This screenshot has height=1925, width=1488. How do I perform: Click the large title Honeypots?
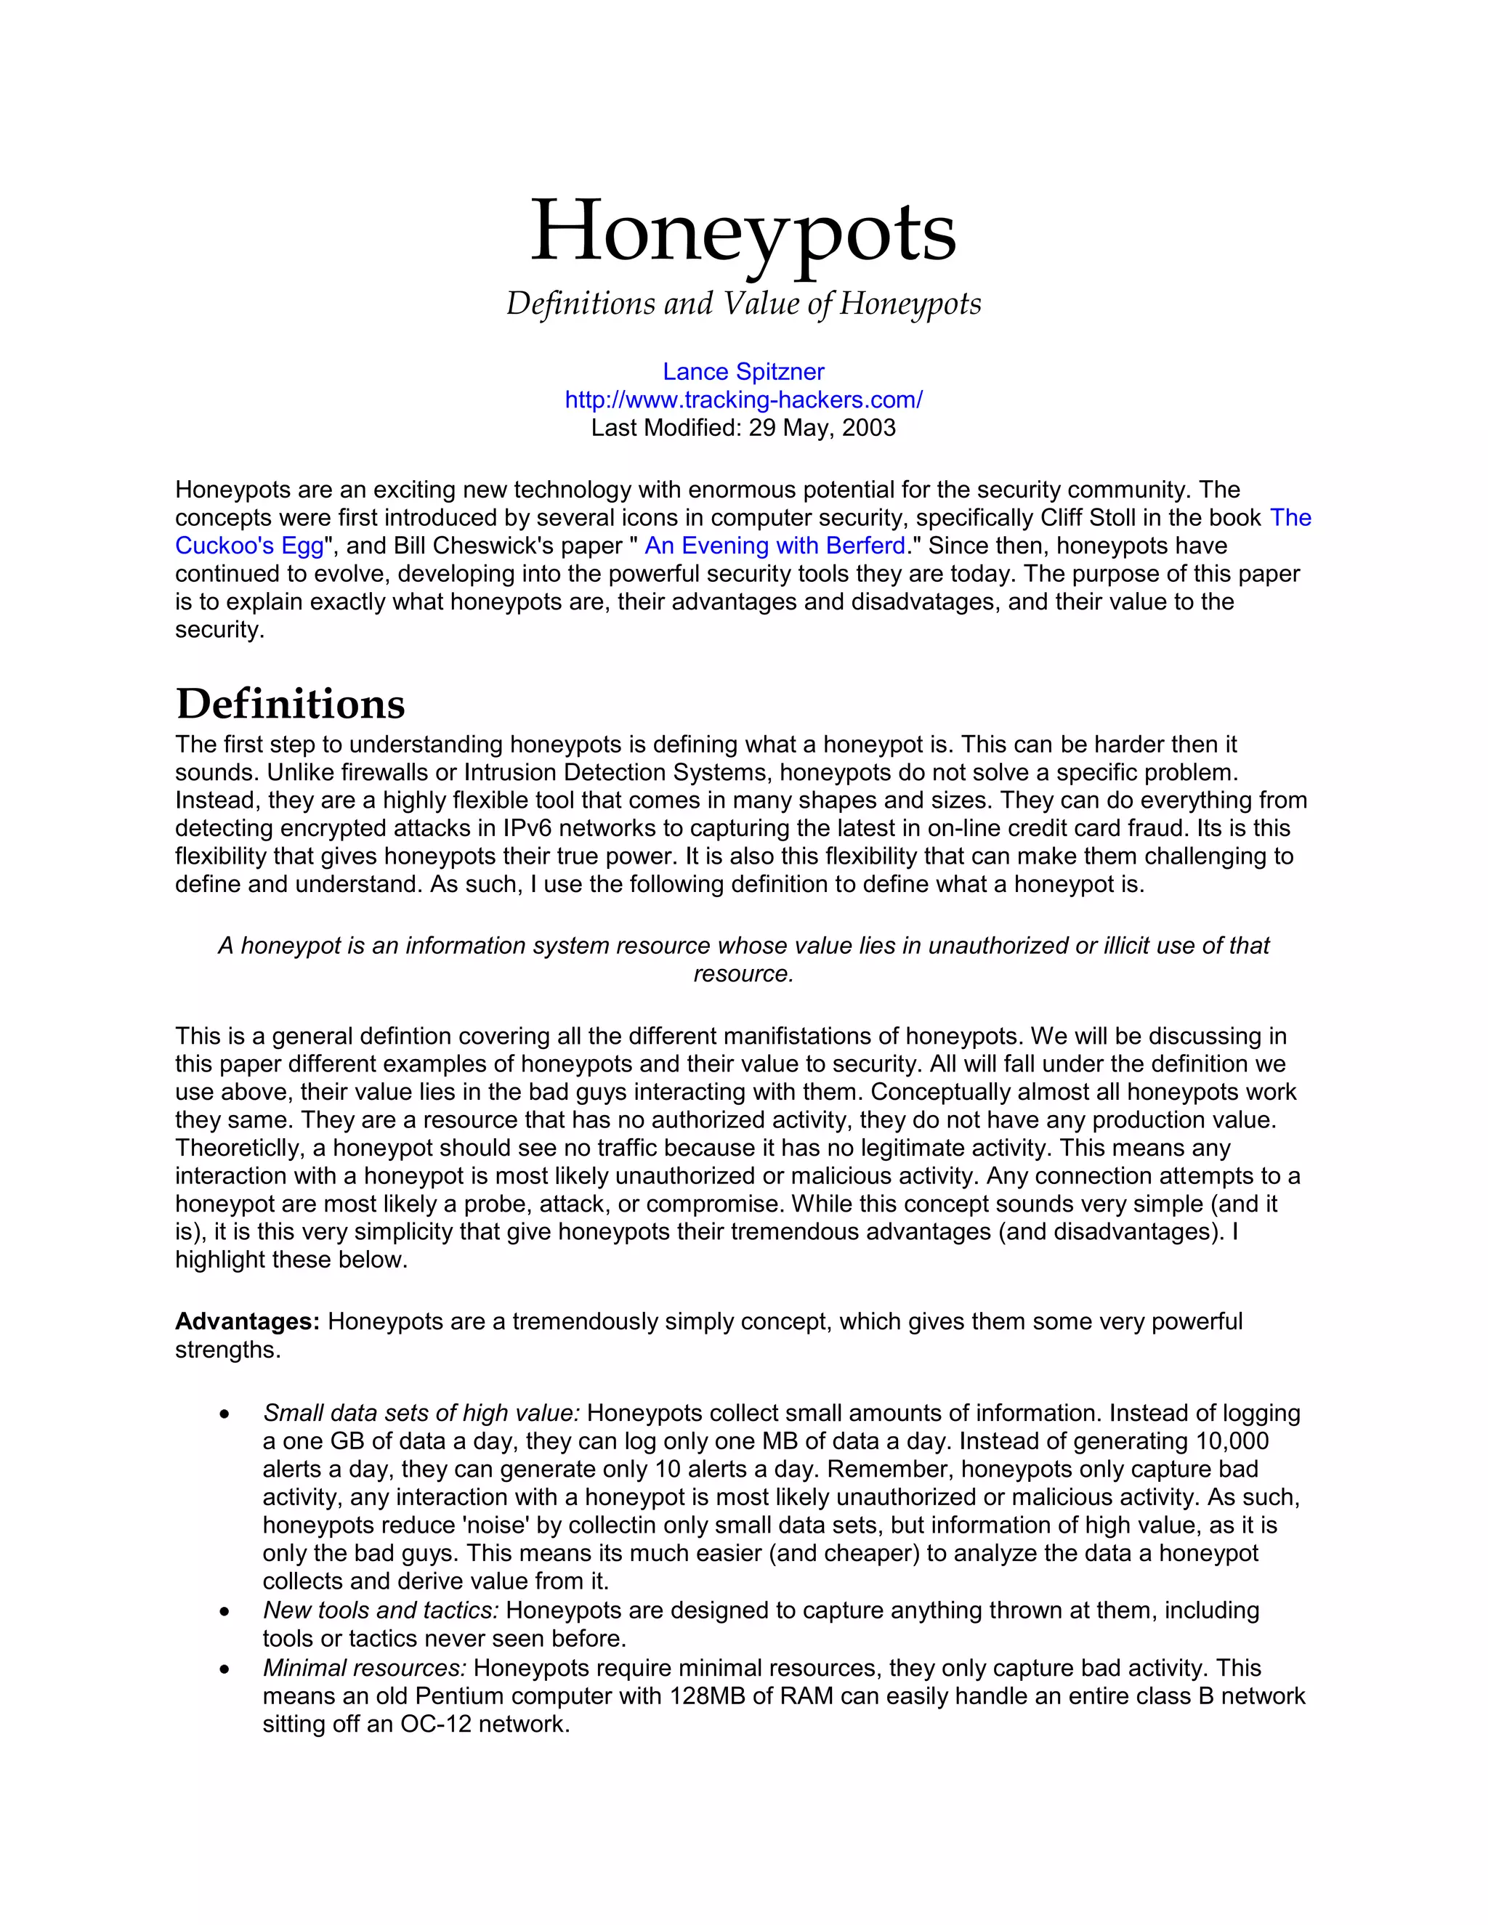point(743,231)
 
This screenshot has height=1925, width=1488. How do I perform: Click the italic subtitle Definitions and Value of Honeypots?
point(743,304)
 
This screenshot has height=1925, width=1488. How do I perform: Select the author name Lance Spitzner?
point(743,372)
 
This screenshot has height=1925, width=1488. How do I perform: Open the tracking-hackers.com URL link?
point(743,400)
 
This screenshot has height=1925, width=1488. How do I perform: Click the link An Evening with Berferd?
point(775,546)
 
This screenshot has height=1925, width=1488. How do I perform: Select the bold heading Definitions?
point(290,703)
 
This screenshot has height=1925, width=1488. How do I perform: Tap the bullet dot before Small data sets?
point(226,1414)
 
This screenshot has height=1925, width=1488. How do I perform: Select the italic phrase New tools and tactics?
point(381,1610)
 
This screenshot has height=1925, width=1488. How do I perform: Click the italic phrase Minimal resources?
point(364,1668)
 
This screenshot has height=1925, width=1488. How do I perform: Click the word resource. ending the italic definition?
point(743,974)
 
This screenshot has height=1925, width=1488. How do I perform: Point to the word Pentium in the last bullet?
point(459,1696)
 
